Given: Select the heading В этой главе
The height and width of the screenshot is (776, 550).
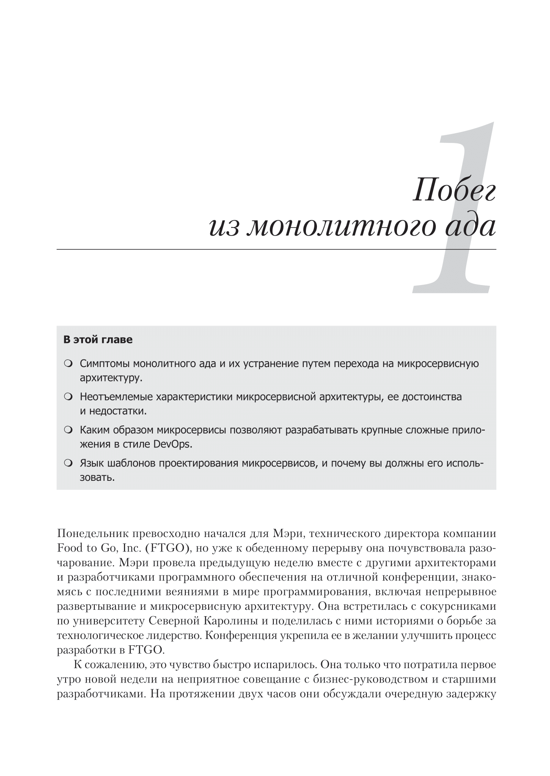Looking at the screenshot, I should coord(98,340).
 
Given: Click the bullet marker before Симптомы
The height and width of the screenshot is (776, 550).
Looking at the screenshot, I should coord(68,364).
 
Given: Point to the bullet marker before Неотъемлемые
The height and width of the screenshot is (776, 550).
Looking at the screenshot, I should coord(68,397).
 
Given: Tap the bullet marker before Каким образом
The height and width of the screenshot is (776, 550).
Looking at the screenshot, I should coord(68,431).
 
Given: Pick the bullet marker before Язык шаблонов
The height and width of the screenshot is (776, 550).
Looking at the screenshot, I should coord(68,463).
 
